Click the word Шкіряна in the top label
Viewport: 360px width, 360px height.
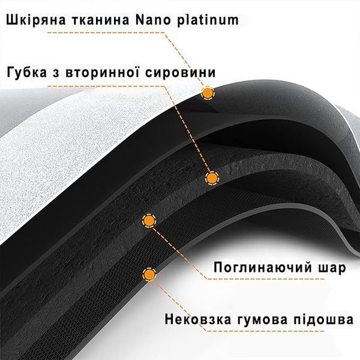tap(36, 20)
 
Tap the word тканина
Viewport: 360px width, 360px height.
tap(101, 20)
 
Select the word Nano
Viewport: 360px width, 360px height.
tap(153, 20)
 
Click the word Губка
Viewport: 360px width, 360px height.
tap(27, 73)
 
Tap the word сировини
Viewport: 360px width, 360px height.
tap(181, 73)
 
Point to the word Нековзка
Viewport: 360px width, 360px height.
tap(198, 320)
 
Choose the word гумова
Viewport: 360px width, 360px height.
tap(262, 320)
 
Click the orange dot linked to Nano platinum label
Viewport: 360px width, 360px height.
tap(208, 93)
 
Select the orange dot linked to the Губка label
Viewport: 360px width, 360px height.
tap(212, 178)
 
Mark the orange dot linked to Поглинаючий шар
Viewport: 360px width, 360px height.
tap(149, 221)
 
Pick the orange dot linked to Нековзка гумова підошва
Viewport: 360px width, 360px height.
tap(149, 274)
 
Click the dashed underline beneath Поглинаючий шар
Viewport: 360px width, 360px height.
tap(266, 279)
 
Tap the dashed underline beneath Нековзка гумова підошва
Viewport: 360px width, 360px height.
tap(266, 331)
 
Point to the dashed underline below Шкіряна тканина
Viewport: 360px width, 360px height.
tap(106, 32)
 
